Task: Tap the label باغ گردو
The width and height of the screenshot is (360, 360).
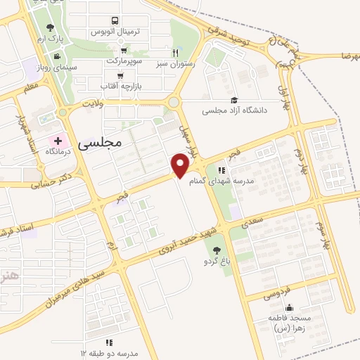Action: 215,261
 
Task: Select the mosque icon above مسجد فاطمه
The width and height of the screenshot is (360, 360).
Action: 288,307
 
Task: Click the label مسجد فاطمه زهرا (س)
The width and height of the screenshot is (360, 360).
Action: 288,323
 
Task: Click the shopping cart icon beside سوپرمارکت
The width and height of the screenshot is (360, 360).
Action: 124,51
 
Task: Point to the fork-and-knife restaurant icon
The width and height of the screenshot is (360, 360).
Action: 176,53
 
